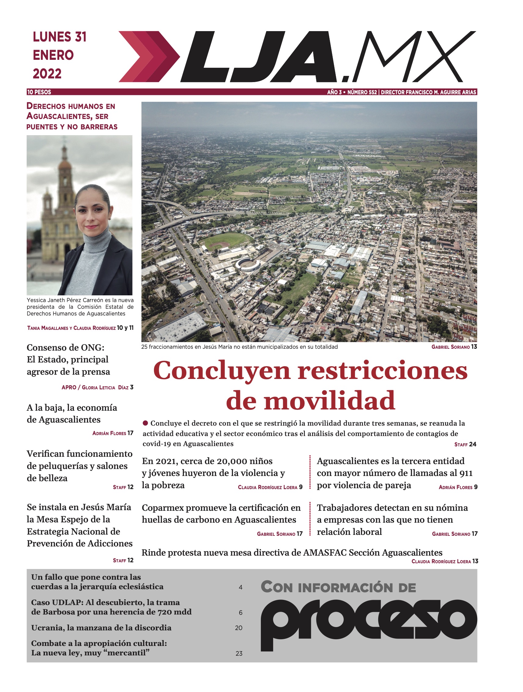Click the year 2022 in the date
pyautogui.click(x=47, y=74)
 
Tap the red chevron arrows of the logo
pyautogui.click(x=149, y=57)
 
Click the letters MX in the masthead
pyautogui.click(x=416, y=57)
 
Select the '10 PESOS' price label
pyautogui.click(x=39, y=92)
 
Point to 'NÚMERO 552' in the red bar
pyautogui.click(x=362, y=92)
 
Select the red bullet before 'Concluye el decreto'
pyautogui.click(x=145, y=423)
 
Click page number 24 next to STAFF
pyautogui.click(x=473, y=444)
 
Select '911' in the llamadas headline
pyautogui.click(x=466, y=473)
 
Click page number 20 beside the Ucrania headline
pyautogui.click(x=239, y=628)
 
